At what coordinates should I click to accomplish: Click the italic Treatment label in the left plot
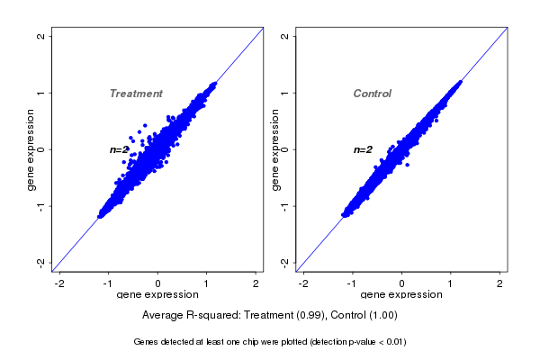click(x=136, y=94)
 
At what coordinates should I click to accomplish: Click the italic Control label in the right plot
click(x=372, y=94)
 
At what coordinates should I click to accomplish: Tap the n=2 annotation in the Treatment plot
click(x=119, y=149)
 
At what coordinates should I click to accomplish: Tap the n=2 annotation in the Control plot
click(x=363, y=149)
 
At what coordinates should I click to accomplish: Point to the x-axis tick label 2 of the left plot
click(x=256, y=283)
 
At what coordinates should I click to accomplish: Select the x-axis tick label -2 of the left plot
click(x=60, y=283)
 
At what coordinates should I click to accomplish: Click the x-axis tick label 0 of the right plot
click(x=402, y=283)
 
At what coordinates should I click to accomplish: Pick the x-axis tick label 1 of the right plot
click(x=452, y=283)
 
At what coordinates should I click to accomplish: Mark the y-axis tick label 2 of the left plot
click(x=41, y=36)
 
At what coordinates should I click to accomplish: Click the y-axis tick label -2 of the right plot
click(x=285, y=262)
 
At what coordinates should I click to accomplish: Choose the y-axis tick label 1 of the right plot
click(x=285, y=93)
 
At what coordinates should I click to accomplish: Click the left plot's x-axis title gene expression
click(x=158, y=295)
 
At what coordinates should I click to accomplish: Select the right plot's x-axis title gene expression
click(x=401, y=295)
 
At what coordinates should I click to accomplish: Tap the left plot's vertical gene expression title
click(x=31, y=149)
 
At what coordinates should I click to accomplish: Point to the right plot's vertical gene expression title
click(x=275, y=149)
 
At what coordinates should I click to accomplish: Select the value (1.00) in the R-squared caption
click(x=381, y=316)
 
